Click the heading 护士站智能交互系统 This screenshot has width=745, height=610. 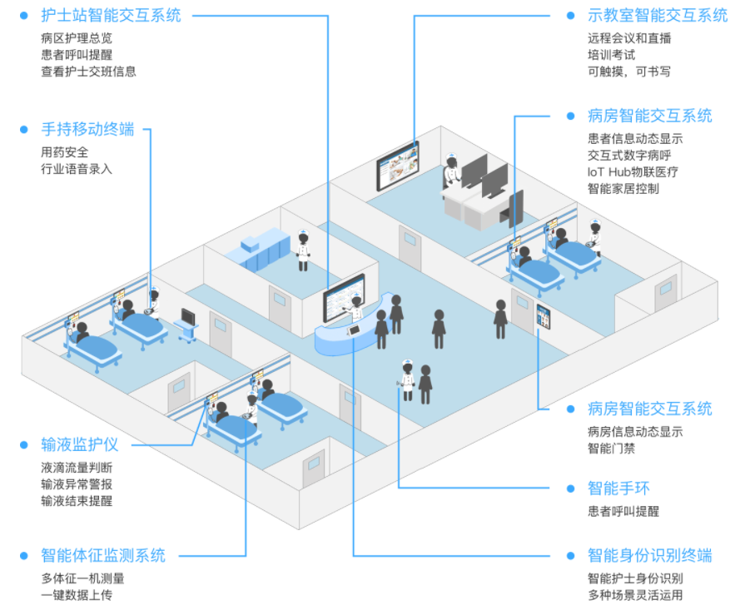[x=110, y=15]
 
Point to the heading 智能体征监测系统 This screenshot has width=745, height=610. [x=102, y=555]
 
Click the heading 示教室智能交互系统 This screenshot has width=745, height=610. [x=657, y=15]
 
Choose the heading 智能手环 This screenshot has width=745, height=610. [x=619, y=488]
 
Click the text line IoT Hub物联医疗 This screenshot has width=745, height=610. [x=633, y=172]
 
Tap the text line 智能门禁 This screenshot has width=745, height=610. [x=611, y=448]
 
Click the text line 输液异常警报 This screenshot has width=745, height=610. [x=76, y=484]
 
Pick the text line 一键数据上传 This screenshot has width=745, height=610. [x=76, y=595]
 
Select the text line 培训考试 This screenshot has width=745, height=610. [x=611, y=55]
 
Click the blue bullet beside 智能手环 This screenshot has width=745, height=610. [x=570, y=488]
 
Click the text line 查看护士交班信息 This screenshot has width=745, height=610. [x=88, y=72]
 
